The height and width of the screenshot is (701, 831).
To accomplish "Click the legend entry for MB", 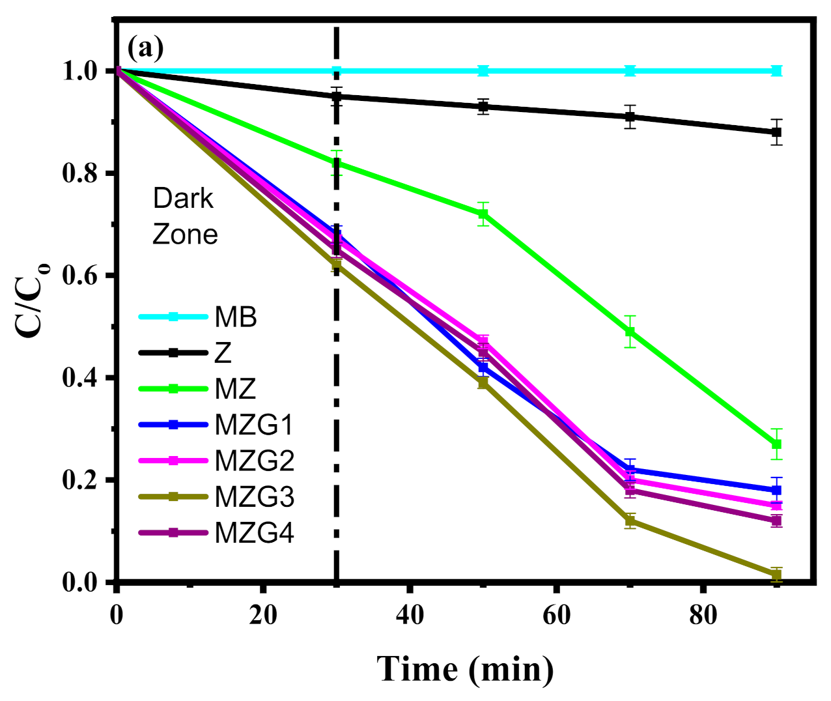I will click(236, 317).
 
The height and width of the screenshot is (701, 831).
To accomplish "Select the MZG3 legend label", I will click(254, 497).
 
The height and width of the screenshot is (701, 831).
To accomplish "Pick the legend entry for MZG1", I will click(254, 425).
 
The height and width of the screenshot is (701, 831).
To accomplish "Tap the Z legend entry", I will click(223, 353).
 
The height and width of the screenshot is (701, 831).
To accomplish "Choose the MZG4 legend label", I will click(254, 533).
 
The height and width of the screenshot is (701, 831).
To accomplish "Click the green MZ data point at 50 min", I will click(483, 214).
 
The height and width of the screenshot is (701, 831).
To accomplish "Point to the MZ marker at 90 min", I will click(776, 444).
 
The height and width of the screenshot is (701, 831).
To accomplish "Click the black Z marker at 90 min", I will click(776, 132).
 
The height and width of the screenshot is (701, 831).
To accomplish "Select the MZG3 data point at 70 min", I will click(629, 521).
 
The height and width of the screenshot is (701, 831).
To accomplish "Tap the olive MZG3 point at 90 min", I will click(776, 575).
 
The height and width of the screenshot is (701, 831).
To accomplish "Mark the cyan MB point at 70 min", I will click(629, 70).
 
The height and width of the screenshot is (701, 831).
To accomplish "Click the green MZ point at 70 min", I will click(629, 332).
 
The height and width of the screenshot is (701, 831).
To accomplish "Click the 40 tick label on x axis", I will click(410, 614).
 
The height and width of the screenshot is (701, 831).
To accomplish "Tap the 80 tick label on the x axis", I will click(703, 614).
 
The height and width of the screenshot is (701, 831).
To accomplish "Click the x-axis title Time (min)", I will click(465, 669).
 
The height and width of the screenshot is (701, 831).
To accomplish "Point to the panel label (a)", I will click(145, 48).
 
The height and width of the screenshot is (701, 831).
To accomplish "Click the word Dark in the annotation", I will click(183, 199).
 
